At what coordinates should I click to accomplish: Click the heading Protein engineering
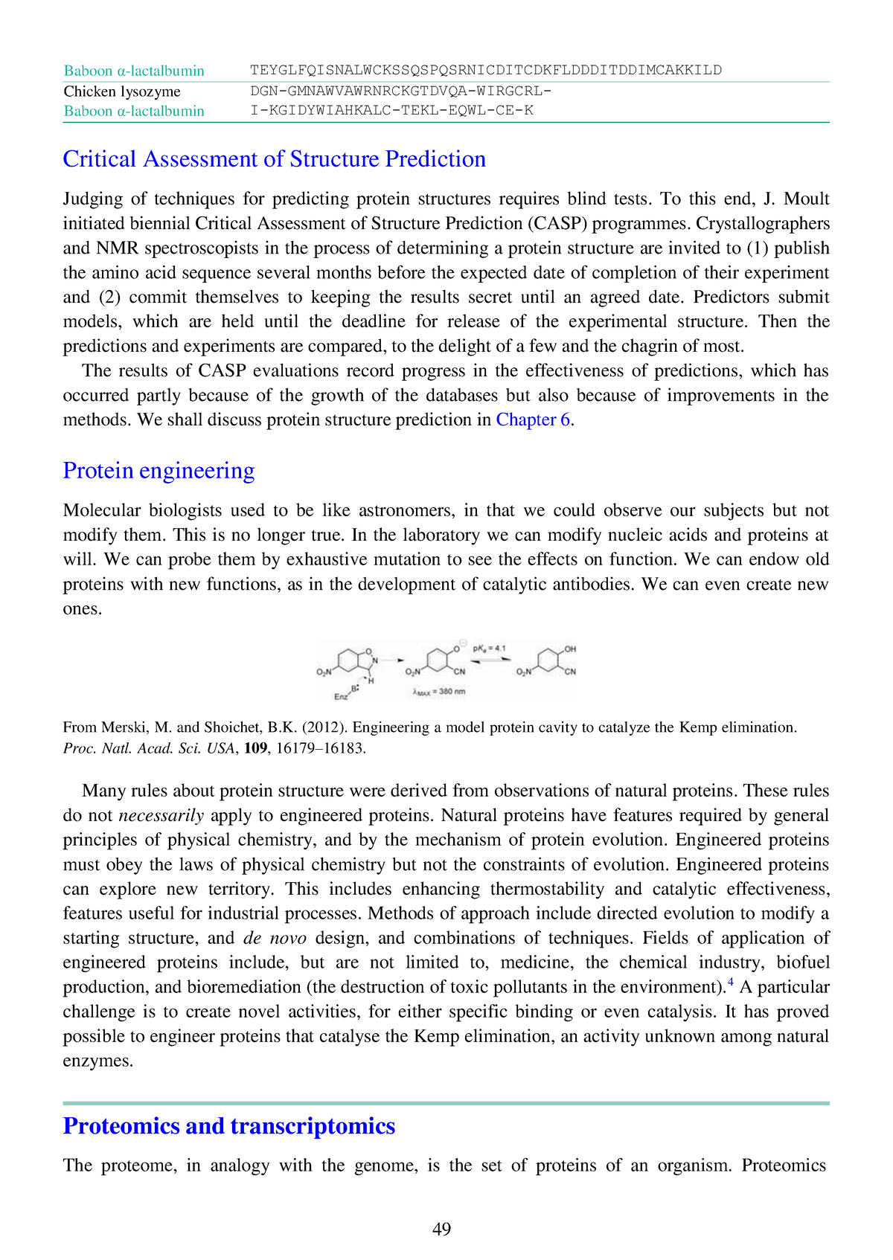(159, 471)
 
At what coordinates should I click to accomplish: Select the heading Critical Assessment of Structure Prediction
(274, 159)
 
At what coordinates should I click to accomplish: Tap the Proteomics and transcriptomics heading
(228, 1125)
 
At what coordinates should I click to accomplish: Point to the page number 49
(441, 1229)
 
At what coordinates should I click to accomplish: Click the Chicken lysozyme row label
(122, 91)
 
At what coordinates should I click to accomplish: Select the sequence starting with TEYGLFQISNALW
(485, 70)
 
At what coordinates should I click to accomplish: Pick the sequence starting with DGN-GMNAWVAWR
(400, 91)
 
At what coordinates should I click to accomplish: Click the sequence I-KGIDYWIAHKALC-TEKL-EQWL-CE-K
(391, 111)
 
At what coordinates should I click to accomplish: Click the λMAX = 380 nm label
(438, 692)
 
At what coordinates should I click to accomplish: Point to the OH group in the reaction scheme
(570, 649)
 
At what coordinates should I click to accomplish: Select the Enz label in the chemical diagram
(340, 697)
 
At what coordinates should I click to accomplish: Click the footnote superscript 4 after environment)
(730, 983)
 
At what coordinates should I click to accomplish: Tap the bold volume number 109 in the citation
(256, 748)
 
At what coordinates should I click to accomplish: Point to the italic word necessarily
(161, 815)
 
